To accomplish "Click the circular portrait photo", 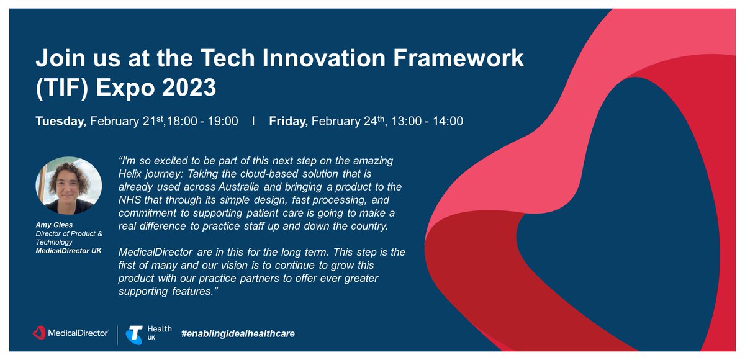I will [x=68, y=186].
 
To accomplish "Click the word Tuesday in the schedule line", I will [x=60, y=121].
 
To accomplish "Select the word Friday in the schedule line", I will [x=288, y=121].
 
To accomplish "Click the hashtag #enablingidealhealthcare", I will [x=238, y=334].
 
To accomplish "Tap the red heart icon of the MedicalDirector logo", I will [x=39, y=334].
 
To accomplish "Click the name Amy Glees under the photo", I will [x=52, y=224].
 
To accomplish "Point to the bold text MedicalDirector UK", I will [x=68, y=250].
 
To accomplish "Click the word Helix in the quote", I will [x=130, y=174].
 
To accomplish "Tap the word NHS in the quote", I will [x=129, y=200].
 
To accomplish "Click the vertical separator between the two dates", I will [x=253, y=121].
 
